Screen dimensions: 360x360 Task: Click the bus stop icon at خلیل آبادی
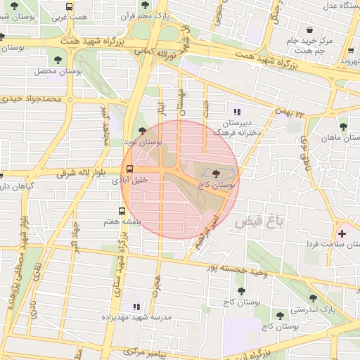129,169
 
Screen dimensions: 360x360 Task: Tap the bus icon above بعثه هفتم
122,210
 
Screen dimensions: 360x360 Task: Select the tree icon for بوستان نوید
143,130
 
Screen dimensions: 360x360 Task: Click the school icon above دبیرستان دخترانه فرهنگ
236,111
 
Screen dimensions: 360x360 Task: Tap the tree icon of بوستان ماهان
342,127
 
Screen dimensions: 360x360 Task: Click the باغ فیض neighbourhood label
259,222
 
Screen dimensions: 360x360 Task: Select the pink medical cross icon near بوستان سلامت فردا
342,233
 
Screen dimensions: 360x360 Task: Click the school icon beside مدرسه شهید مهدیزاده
137,307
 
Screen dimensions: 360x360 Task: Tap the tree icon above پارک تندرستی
313,298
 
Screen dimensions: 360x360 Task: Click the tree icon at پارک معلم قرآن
145,5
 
